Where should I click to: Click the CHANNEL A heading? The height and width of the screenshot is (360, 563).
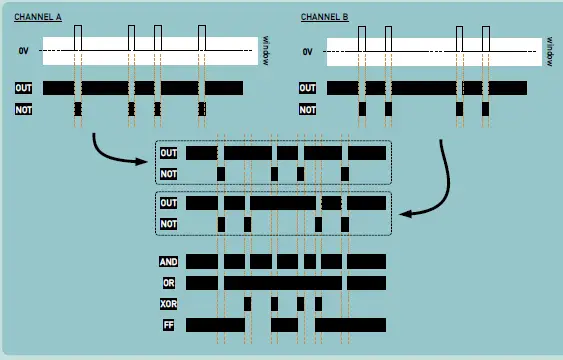38,17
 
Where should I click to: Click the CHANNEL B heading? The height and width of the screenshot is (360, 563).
324,17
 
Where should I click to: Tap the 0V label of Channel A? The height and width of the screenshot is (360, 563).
23,49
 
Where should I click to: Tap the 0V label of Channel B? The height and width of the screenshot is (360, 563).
307,49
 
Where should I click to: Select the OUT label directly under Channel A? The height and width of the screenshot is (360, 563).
24,88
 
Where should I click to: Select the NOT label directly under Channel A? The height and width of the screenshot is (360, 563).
24,107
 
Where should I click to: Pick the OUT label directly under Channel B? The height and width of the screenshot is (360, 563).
308,88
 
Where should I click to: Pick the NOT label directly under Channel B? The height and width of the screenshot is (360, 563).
308,107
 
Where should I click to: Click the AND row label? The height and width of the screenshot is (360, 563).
169,261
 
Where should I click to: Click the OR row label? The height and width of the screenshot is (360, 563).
170,282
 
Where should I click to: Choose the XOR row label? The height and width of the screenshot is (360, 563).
169,303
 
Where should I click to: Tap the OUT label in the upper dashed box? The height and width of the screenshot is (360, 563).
169,154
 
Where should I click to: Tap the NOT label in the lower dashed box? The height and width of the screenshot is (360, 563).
169,224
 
